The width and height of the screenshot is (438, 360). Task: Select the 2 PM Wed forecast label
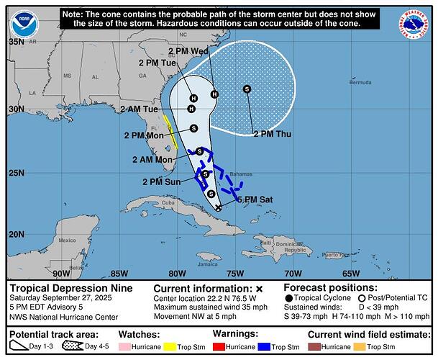189,51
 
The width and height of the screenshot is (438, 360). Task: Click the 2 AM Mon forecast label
152,159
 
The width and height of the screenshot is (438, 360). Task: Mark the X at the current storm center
219,207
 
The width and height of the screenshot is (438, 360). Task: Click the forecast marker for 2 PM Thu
247,89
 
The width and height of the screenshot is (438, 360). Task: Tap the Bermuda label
360,83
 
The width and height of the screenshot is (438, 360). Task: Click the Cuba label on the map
168,202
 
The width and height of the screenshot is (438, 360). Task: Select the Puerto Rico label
336,254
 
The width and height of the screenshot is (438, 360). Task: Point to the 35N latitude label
16,42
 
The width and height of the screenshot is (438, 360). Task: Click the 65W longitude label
351,274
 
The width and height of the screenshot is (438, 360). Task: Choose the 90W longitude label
61,274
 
